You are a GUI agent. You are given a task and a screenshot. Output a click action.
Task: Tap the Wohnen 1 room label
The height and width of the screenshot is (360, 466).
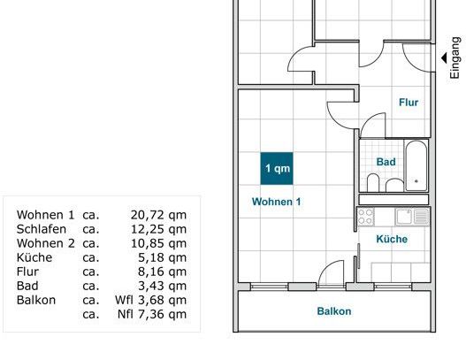click(x=276, y=202)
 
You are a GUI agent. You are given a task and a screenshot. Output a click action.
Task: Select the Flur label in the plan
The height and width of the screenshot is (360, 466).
click(x=408, y=103)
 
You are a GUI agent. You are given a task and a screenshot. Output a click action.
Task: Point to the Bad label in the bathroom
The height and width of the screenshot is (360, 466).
click(x=386, y=162)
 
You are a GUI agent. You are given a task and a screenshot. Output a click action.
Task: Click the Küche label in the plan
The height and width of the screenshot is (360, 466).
click(x=391, y=239)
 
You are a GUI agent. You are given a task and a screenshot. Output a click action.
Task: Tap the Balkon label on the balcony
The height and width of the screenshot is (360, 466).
click(x=334, y=311)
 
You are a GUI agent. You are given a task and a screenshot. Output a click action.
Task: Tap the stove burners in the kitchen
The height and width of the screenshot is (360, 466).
click(x=366, y=216)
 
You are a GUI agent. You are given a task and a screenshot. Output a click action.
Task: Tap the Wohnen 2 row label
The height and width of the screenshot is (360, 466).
click(x=45, y=243)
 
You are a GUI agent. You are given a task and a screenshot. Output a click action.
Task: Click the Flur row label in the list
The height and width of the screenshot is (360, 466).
click(x=29, y=272)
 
